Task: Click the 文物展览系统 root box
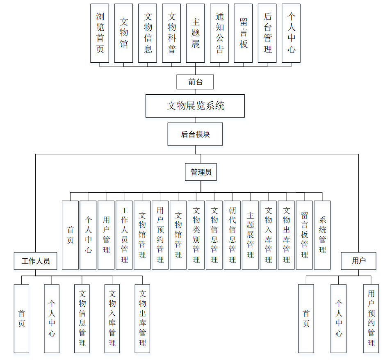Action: point(195,106)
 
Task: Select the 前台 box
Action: point(195,82)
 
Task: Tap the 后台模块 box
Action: point(195,134)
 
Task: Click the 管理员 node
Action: point(201,172)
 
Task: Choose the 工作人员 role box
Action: point(36,261)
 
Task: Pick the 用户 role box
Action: point(358,261)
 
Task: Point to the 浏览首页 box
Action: point(100,33)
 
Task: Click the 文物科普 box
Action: point(171,33)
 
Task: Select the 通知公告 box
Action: point(219,33)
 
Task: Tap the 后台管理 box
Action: point(267,33)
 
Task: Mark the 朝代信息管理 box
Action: point(232,235)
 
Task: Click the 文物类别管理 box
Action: point(196,235)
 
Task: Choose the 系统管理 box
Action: point(322,235)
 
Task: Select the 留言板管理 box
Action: point(304,235)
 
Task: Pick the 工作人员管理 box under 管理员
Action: point(124,235)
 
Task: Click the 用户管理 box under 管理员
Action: point(106,235)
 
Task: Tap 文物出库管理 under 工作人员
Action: point(142,319)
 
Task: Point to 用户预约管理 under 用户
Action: point(371,319)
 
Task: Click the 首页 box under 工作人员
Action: point(21,319)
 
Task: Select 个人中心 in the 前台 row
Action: point(291,33)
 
